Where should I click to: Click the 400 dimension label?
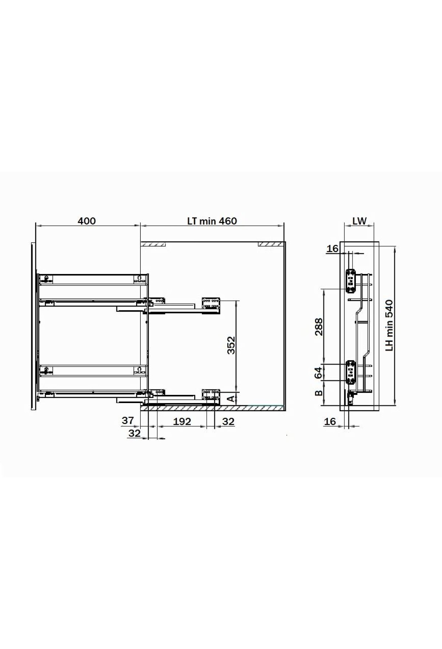[87, 221]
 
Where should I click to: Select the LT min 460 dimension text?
[212, 221]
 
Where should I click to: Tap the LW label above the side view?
[359, 221]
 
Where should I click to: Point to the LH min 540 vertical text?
[390, 326]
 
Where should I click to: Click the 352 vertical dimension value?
[231, 345]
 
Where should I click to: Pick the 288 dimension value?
[319, 327]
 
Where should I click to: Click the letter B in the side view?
[319, 393]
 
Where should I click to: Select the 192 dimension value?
[182, 421]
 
